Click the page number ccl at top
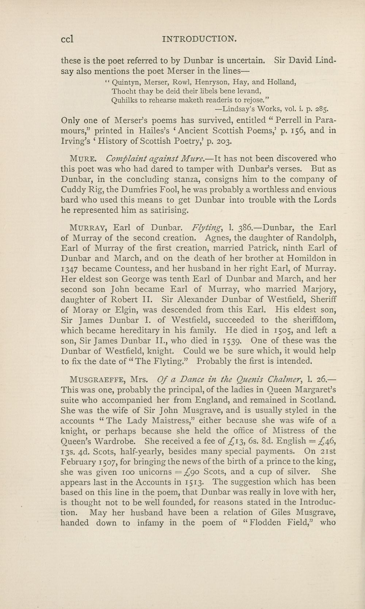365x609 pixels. (x=67, y=38)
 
